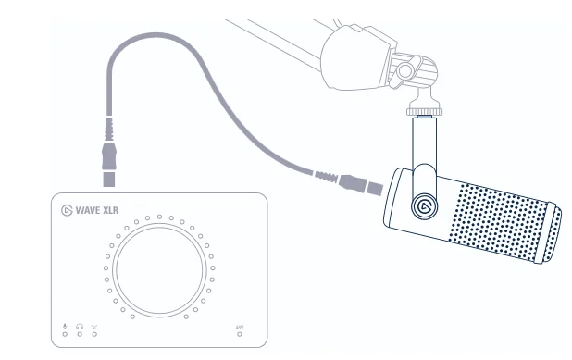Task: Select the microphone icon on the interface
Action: point(65,326)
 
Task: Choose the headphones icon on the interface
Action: point(80,326)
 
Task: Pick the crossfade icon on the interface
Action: point(94,326)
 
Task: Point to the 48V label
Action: point(240,327)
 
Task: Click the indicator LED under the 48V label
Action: point(240,334)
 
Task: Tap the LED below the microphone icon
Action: point(65,334)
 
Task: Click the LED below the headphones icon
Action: point(80,334)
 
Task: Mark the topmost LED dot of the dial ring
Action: point(159,217)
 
